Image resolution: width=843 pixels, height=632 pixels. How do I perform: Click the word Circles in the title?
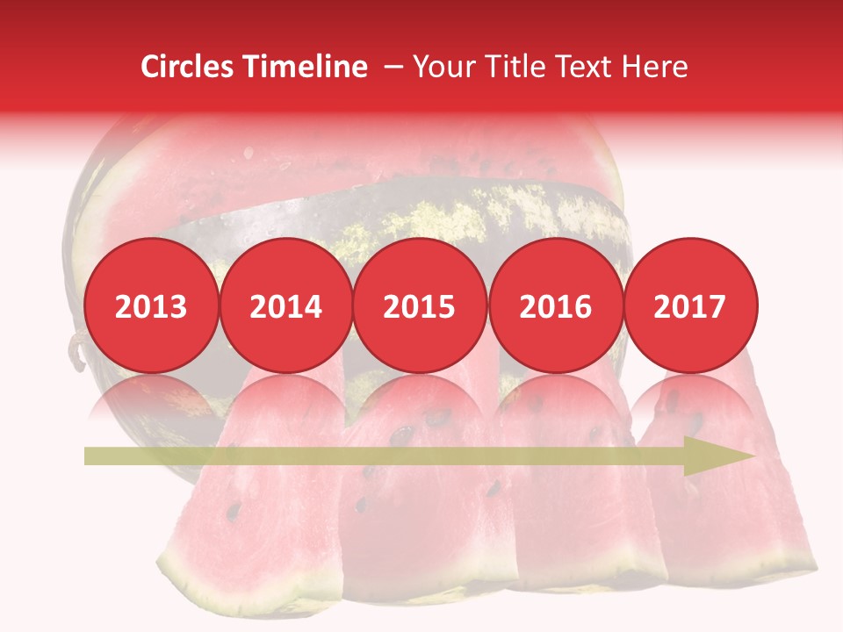point(187,67)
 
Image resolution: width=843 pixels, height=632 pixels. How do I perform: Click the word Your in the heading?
point(443,67)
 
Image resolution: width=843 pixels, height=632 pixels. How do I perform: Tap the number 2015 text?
point(420,307)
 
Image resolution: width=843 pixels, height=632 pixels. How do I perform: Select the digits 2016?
point(555,307)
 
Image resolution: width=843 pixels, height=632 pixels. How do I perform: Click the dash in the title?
point(393,67)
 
